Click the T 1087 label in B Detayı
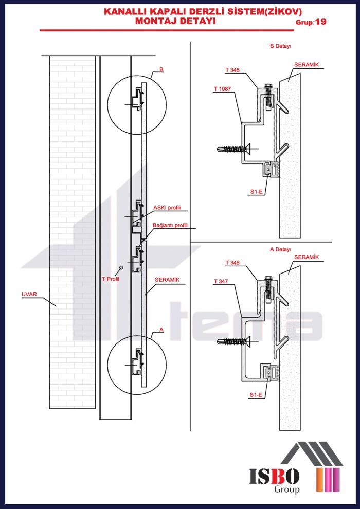tap(222, 89)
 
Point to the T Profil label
tap(109, 279)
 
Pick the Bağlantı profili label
tap(170, 225)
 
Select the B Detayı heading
tap(281, 46)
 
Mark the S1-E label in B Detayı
tap(257, 192)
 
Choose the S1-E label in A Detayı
tap(256, 394)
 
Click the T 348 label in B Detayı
tap(232, 69)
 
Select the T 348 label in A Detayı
tap(232, 263)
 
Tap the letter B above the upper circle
tap(161, 69)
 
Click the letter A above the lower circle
tap(162, 332)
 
